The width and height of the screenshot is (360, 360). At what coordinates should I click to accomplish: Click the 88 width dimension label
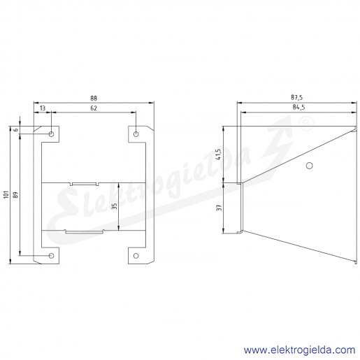tap(94, 99)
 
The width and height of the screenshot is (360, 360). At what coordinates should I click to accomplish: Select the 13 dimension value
tap(43, 108)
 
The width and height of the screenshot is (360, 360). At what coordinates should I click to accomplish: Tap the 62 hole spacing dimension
tap(94, 108)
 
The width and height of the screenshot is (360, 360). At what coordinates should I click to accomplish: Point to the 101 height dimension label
tap(6, 194)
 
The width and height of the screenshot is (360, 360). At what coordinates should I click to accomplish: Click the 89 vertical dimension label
tap(15, 195)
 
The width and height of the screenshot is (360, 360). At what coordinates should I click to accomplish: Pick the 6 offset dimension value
tap(15, 130)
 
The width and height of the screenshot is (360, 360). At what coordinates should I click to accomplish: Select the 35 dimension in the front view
tap(114, 206)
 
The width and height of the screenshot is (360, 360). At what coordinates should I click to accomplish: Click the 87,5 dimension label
tap(296, 97)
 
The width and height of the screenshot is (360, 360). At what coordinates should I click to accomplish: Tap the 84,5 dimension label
tap(298, 107)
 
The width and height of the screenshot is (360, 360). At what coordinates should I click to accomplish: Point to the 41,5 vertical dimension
tap(218, 154)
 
